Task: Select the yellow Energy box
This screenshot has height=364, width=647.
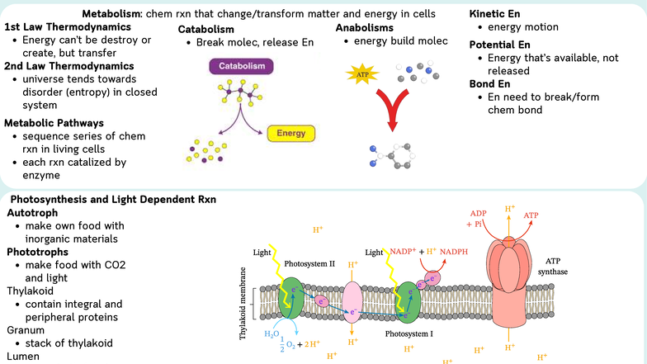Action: coord(291,132)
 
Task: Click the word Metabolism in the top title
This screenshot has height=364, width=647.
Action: coord(111,14)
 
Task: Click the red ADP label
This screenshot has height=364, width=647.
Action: coord(479,212)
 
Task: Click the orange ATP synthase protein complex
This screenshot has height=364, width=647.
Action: coord(510,272)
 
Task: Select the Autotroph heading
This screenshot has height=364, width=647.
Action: coord(33,212)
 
